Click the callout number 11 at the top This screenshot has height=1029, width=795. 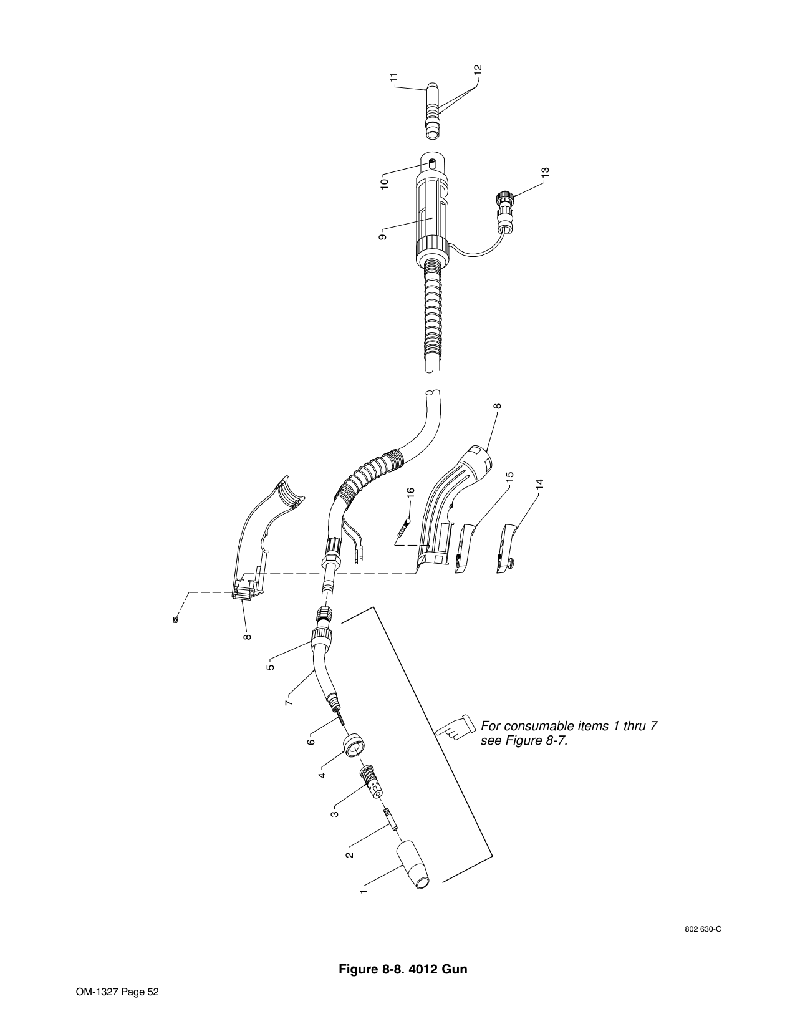click(x=394, y=78)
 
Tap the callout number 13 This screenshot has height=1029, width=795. click(x=545, y=172)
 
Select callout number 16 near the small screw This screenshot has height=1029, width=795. click(x=410, y=493)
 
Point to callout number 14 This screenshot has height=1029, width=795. click(x=539, y=485)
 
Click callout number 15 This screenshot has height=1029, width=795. click(x=509, y=477)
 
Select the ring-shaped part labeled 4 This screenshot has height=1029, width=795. click(x=355, y=746)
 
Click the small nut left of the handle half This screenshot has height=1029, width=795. click(x=176, y=619)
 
